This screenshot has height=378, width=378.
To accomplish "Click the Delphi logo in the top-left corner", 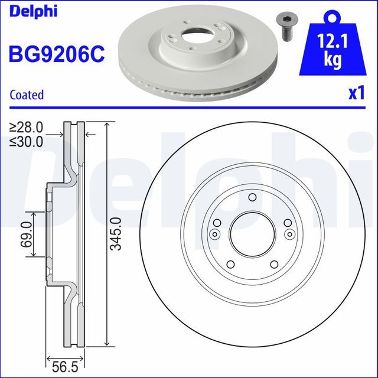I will (33, 11).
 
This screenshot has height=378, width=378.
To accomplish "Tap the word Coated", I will (27, 94).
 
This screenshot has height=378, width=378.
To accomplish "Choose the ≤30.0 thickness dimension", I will (27, 141).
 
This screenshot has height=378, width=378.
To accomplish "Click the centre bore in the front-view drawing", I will (252, 234).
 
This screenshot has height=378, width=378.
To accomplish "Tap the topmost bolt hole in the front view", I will (252, 198).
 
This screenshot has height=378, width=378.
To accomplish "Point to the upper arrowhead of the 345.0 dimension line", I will (106, 126).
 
